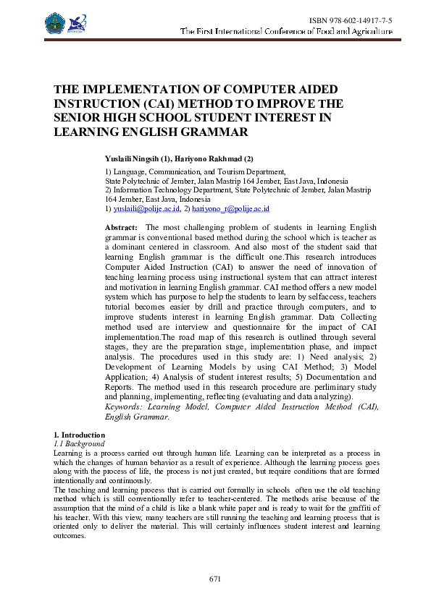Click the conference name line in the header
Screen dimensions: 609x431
pos(286,32)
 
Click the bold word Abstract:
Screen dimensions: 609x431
pos(121,227)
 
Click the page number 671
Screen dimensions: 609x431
pos(215,579)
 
